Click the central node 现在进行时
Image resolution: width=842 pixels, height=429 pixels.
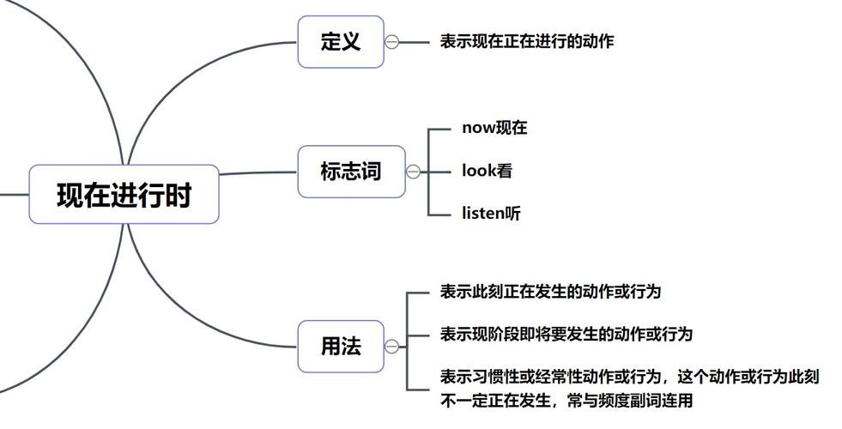tap(124, 195)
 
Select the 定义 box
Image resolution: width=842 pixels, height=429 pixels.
tap(340, 41)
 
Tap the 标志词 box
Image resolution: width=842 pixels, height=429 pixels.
tap(350, 172)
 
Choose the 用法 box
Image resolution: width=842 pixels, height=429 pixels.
tap(340, 347)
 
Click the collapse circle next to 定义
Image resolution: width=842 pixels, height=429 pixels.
tap(392, 41)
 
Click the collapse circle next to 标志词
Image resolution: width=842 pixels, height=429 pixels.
tap(413, 172)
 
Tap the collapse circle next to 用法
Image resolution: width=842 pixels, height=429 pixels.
tap(392, 347)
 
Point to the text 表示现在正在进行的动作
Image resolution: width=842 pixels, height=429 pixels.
tap(526, 41)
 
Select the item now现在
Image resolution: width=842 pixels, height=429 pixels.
tap(494, 128)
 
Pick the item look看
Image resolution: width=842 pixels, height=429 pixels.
tap(487, 171)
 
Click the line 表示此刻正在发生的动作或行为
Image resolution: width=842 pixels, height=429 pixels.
tap(550, 292)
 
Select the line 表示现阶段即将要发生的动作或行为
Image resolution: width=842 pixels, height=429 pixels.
tap(566, 334)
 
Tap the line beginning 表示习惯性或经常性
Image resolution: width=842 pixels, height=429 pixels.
tap(629, 377)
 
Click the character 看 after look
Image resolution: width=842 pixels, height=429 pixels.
tap(505, 171)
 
